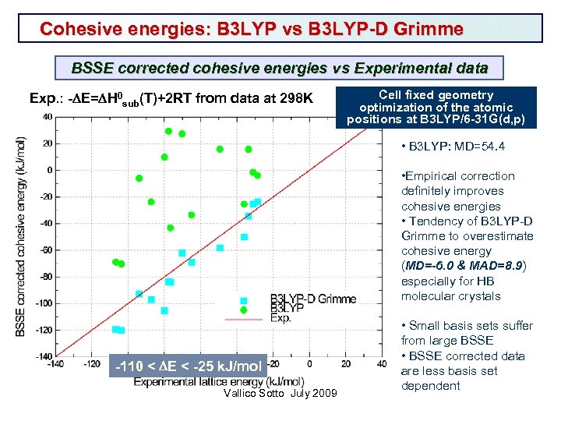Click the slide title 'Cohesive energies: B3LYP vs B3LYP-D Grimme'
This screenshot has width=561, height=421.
click(x=252, y=30)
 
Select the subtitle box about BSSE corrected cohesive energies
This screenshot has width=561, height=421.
click(x=280, y=68)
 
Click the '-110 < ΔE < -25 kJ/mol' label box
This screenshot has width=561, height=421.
click(x=189, y=366)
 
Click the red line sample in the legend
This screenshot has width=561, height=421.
click(x=243, y=319)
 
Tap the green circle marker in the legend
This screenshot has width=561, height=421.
click(x=244, y=310)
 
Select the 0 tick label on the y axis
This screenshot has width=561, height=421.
click(x=49, y=170)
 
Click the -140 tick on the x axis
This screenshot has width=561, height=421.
click(x=56, y=363)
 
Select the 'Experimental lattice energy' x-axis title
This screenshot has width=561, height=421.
click(x=207, y=381)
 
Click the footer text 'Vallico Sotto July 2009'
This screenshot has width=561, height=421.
click(x=280, y=393)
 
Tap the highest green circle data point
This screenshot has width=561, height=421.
click(x=168, y=131)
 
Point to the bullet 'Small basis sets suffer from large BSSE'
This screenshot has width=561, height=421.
click(x=466, y=333)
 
